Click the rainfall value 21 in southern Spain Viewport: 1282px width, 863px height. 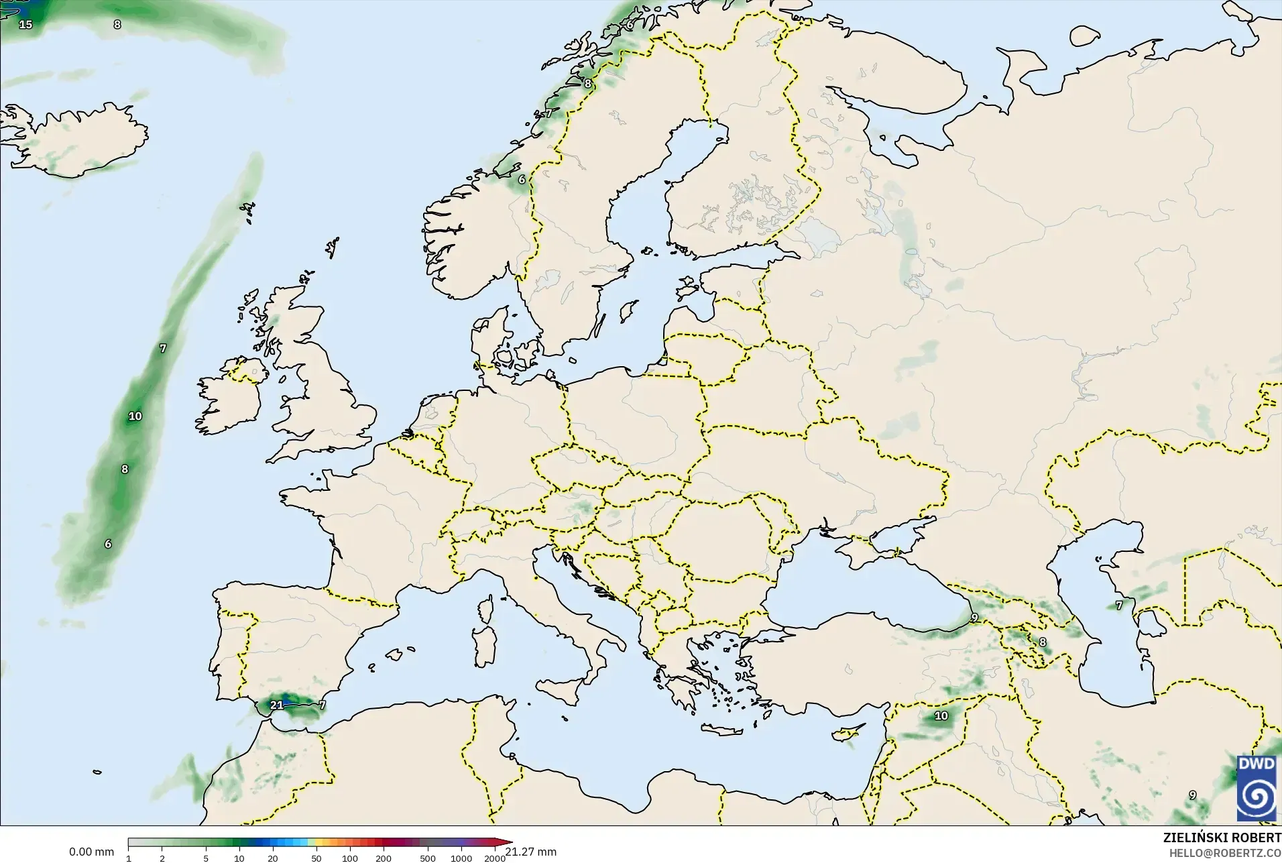pyautogui.click(x=276, y=705)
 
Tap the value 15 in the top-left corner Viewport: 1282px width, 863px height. pyautogui.click(x=25, y=25)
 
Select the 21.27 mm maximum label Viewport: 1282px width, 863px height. pyautogui.click(x=531, y=852)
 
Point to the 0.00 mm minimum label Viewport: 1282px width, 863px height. pyautogui.click(x=91, y=852)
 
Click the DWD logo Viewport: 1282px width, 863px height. pyautogui.click(x=1257, y=787)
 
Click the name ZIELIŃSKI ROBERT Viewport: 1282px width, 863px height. pyautogui.click(x=1222, y=838)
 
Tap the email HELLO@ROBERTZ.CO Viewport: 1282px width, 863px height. pyautogui.click(x=1225, y=853)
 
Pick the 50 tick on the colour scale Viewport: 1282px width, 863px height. pyautogui.click(x=316, y=858)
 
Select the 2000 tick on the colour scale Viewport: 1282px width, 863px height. pyautogui.click(x=495, y=858)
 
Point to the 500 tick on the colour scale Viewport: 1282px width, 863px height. pyautogui.click(x=428, y=858)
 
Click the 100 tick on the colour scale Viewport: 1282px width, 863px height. pyautogui.click(x=350, y=858)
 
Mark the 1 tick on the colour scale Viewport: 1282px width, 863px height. pyautogui.click(x=129, y=858)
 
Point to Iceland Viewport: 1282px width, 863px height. pyautogui.click(x=80, y=141)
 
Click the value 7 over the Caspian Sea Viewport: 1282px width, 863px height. pyautogui.click(x=1118, y=606)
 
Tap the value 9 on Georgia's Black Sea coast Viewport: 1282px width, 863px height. pyautogui.click(x=974, y=618)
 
